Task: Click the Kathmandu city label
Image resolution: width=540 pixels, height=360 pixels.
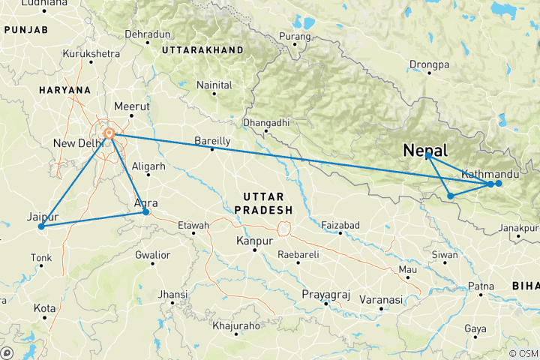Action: (490, 174)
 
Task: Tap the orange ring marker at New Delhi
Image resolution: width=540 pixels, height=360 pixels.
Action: (109, 134)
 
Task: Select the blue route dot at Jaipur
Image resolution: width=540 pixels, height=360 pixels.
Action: (41, 226)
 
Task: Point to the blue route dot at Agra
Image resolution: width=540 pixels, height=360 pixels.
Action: (146, 212)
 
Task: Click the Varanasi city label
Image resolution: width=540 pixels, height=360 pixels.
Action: (379, 299)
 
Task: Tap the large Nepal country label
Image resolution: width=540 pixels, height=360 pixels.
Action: (425, 150)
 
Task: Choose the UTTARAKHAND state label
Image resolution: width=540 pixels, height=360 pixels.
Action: (202, 49)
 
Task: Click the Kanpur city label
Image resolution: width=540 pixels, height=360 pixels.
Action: (253, 241)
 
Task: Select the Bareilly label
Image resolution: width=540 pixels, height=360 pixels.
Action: (212, 140)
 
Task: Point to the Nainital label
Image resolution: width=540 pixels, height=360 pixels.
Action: (214, 85)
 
